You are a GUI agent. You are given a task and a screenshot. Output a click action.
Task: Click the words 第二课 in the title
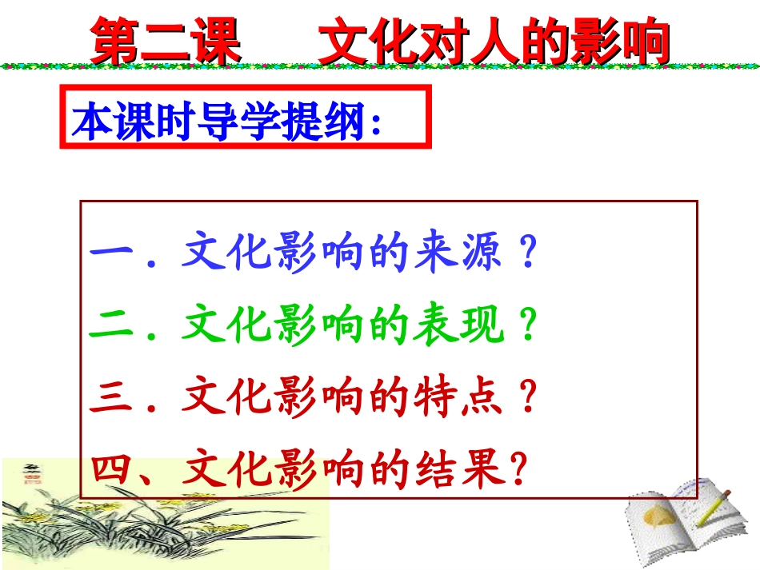pyautogui.click(x=166, y=42)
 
